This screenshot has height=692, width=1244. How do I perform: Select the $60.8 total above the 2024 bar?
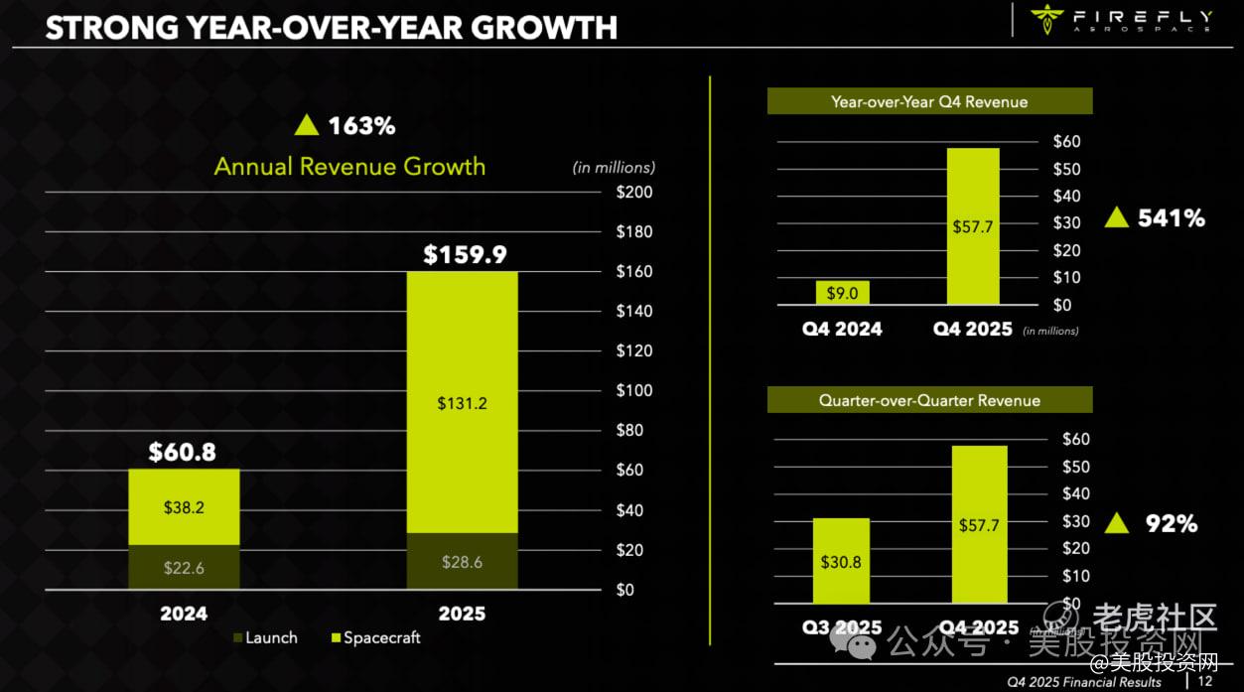pyautogui.click(x=183, y=453)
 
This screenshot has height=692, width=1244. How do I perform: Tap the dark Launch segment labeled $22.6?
pyautogui.click(x=184, y=567)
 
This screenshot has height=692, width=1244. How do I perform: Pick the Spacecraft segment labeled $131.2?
pyautogui.click(x=463, y=403)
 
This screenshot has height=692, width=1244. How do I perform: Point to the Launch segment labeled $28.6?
pyautogui.click(x=463, y=562)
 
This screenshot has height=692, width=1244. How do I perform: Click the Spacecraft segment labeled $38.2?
pyautogui.click(x=184, y=506)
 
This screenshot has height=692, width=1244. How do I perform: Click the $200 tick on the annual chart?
pyautogui.click(x=634, y=192)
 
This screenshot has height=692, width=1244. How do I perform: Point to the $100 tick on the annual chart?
pyautogui.click(x=634, y=390)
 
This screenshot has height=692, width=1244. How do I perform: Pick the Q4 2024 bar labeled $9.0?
pyautogui.click(x=843, y=293)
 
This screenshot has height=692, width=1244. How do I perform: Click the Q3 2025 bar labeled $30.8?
pyautogui.click(x=841, y=561)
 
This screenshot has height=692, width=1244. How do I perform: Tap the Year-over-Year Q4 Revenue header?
pyautogui.click(x=929, y=101)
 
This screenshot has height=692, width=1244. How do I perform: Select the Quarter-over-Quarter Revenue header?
pyautogui.click(x=929, y=400)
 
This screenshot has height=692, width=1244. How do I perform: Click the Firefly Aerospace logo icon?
pyautogui.click(x=1046, y=17)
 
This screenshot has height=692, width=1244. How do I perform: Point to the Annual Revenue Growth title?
pyautogui.click(x=349, y=166)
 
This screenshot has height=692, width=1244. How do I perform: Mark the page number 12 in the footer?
pyautogui.click(x=1205, y=681)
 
